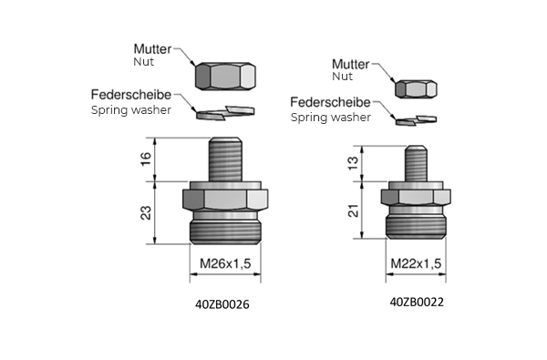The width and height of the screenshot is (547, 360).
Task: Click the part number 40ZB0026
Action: click(222, 304)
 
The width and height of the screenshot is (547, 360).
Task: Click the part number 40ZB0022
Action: click(417, 302)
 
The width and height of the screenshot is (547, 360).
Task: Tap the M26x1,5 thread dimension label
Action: click(225, 263)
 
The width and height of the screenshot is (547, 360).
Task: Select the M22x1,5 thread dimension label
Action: click(416, 263)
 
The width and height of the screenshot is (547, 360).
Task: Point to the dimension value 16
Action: click(146, 159)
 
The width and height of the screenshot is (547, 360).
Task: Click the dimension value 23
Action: click(146, 212)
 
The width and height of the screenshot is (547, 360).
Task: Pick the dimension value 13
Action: click(353, 163)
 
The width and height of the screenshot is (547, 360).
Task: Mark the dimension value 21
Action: click(353, 211)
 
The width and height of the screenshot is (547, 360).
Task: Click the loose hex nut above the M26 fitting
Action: click(225, 77)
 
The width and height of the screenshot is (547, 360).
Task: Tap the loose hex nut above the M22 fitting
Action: click(416, 89)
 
